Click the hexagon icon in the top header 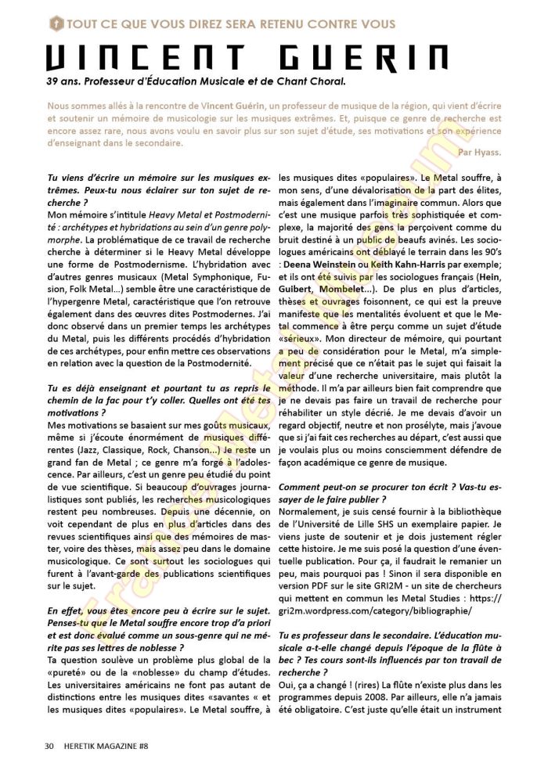click(55, 23)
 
